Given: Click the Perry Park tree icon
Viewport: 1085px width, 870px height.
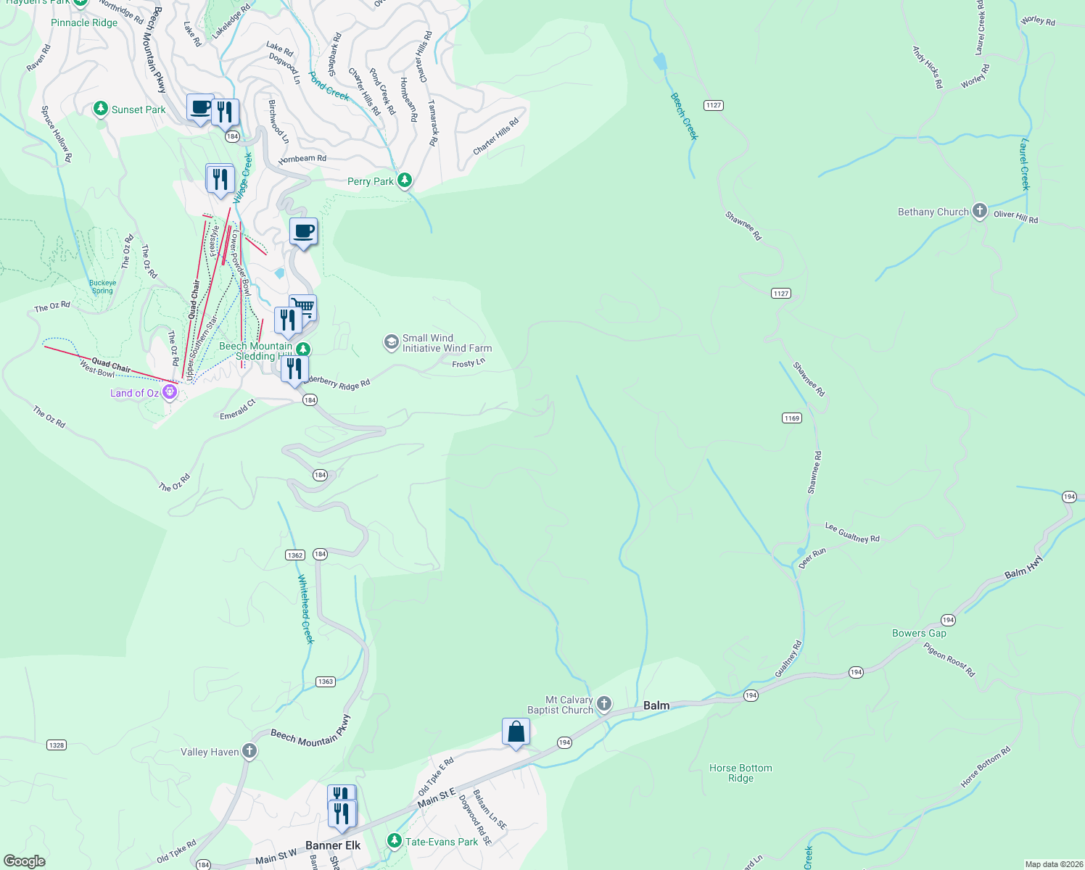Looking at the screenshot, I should click(405, 181).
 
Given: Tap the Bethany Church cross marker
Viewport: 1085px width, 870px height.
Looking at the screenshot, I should click(980, 211).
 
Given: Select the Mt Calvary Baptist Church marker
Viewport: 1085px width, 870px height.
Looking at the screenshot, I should click(604, 704).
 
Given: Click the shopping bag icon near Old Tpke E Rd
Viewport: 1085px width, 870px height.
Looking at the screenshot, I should click(516, 732).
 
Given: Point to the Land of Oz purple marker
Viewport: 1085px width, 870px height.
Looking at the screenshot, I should click(170, 392).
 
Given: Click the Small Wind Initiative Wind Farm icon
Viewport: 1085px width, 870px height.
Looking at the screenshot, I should click(392, 342).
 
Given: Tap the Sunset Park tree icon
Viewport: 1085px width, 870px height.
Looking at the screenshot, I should click(101, 109).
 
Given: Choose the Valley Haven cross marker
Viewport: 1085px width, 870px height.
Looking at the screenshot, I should click(249, 751).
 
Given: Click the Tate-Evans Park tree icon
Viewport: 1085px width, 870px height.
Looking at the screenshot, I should click(394, 841).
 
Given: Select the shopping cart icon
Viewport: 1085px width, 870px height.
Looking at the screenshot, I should click(304, 307).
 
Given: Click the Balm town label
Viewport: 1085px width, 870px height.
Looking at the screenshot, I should click(656, 705).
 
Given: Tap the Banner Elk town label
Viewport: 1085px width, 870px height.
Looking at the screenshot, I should click(333, 845).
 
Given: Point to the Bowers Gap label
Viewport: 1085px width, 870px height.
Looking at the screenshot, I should click(919, 633).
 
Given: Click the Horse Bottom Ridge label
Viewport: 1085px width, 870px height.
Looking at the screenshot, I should click(740, 773).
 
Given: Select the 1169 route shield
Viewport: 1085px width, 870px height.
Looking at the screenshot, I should click(791, 418).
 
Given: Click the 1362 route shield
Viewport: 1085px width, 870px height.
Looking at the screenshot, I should click(294, 555).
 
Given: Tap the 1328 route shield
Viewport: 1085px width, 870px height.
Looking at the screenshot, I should click(57, 745).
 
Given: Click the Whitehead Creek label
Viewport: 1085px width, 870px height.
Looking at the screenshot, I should click(306, 609).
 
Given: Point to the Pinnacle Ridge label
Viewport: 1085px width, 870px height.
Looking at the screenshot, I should click(84, 22).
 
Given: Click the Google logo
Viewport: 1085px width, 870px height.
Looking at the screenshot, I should click(25, 861).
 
